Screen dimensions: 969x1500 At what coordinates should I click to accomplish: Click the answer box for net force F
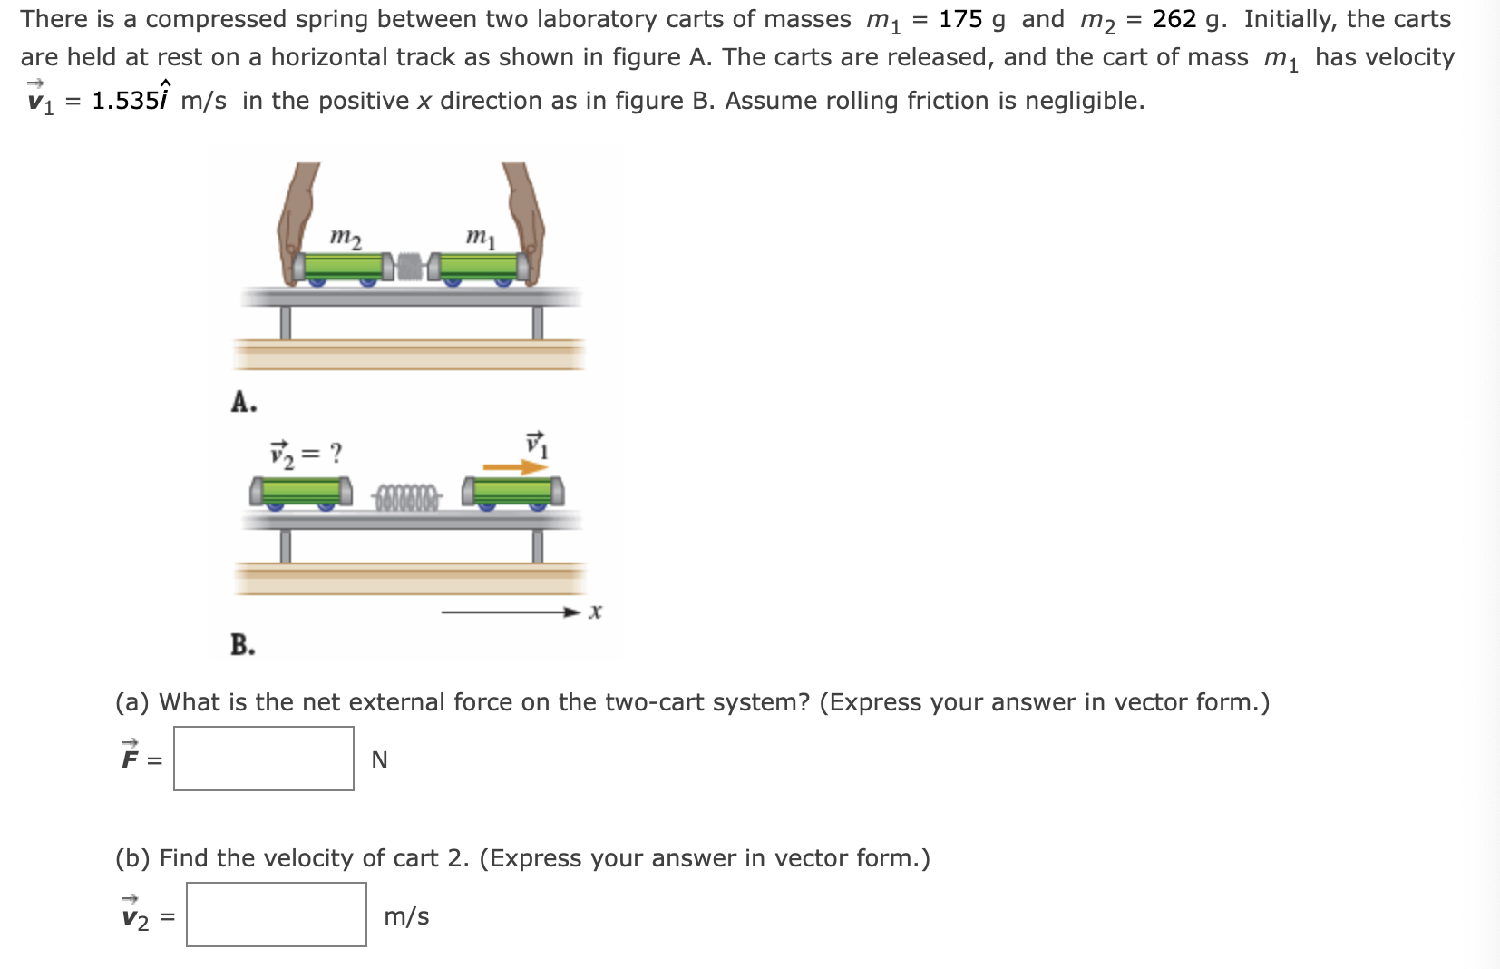tap(264, 759)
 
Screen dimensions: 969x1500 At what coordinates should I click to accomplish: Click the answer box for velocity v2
tap(277, 915)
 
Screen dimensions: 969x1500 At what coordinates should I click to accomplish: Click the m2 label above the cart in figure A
tap(345, 238)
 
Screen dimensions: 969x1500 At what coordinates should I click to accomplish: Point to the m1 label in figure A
tap(481, 238)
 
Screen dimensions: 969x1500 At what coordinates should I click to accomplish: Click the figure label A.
tap(242, 401)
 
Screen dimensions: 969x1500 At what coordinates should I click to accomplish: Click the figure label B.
tap(242, 645)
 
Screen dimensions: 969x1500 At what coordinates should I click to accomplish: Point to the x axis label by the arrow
tap(595, 612)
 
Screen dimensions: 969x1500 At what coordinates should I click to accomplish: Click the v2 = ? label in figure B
tap(307, 452)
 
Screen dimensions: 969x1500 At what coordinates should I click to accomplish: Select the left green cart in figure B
tap(301, 491)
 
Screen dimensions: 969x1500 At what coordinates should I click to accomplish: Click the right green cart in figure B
tap(513, 491)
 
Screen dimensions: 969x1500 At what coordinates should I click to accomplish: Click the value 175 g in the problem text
tap(971, 19)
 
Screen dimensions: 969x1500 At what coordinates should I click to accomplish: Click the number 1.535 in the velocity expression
tap(125, 101)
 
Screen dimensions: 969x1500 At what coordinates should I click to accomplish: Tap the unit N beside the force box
tap(379, 760)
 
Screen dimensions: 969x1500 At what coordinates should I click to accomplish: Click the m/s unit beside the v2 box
tap(406, 916)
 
